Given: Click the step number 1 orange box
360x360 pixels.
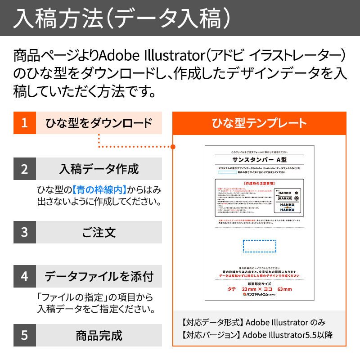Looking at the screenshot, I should pyautogui.click(x=24, y=123).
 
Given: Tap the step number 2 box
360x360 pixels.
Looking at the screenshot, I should pyautogui.click(x=24, y=169).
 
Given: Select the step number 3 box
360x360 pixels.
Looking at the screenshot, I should pyautogui.click(x=24, y=232).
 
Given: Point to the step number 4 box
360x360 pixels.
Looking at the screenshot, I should pyautogui.click(x=24, y=276).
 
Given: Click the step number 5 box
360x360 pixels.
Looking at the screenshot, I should pyautogui.click(x=24, y=335).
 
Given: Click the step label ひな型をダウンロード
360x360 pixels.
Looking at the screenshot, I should pyautogui.click(x=99, y=123).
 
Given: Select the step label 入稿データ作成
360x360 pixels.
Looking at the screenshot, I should pyautogui.click(x=99, y=169).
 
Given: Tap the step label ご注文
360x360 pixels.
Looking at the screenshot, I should pyautogui.click(x=99, y=232).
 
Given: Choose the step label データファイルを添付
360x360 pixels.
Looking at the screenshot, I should pyautogui.click(x=99, y=276).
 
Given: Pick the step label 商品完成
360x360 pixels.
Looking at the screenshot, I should pyautogui.click(x=99, y=335).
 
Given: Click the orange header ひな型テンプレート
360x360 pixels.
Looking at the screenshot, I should pyautogui.click(x=259, y=123).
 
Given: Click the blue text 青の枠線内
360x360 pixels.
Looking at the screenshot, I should pyautogui.click(x=99, y=189).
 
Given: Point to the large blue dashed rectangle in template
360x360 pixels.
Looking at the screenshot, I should pyautogui.click(x=260, y=247).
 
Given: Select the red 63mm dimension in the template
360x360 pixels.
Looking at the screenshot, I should pyautogui.click(x=284, y=289).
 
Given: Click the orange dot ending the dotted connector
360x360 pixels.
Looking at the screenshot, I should pyautogui.click(x=173, y=146).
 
